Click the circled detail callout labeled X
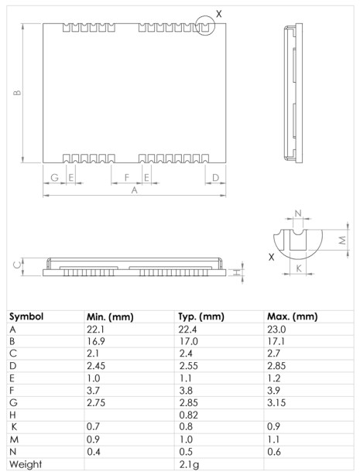[204, 25]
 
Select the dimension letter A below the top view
[134, 190]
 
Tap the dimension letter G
[53, 177]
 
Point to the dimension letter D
[215, 177]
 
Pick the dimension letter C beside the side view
[17, 265]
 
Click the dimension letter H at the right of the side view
[235, 272]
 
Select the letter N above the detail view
[299, 213]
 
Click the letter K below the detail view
[299, 268]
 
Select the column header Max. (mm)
[292, 317]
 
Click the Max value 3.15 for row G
[276, 403]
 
